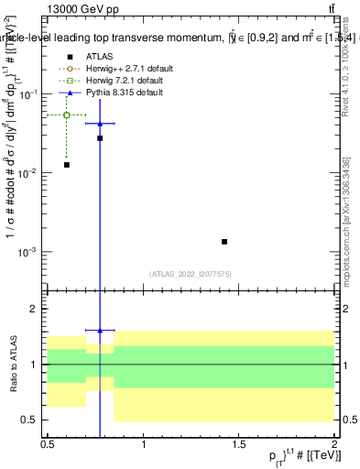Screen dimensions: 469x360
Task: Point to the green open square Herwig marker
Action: [67, 115]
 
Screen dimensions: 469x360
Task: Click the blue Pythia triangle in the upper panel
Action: [100, 123]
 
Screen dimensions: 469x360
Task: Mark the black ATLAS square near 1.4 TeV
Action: [224, 242]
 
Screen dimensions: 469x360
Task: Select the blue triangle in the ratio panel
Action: [100, 330]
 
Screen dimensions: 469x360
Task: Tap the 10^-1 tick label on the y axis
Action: [29, 95]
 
